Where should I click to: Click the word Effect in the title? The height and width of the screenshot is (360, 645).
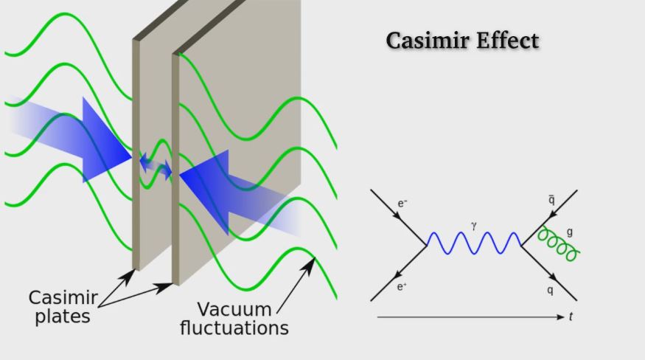click(x=508, y=41)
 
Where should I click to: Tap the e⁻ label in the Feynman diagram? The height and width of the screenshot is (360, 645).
click(x=402, y=202)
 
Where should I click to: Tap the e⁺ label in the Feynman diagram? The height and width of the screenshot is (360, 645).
click(x=402, y=286)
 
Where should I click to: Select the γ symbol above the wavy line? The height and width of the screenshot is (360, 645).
click(x=473, y=225)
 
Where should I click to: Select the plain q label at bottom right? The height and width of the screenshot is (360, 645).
click(x=550, y=290)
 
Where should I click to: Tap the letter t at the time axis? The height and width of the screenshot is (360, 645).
click(x=571, y=316)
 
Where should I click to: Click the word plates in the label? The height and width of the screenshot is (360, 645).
click(x=66, y=317)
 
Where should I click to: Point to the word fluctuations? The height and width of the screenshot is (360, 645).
click(x=234, y=328)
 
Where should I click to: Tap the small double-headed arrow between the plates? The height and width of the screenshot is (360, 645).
click(x=156, y=165)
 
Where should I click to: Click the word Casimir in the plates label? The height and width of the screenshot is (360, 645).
click(x=63, y=299)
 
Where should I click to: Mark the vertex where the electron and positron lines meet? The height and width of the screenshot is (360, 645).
click(x=427, y=245)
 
